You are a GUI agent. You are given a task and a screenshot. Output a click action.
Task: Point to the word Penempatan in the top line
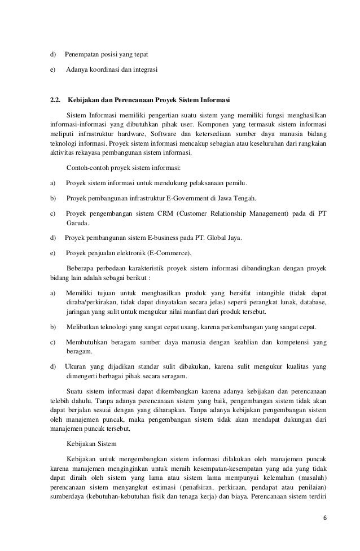coord(82,55)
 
